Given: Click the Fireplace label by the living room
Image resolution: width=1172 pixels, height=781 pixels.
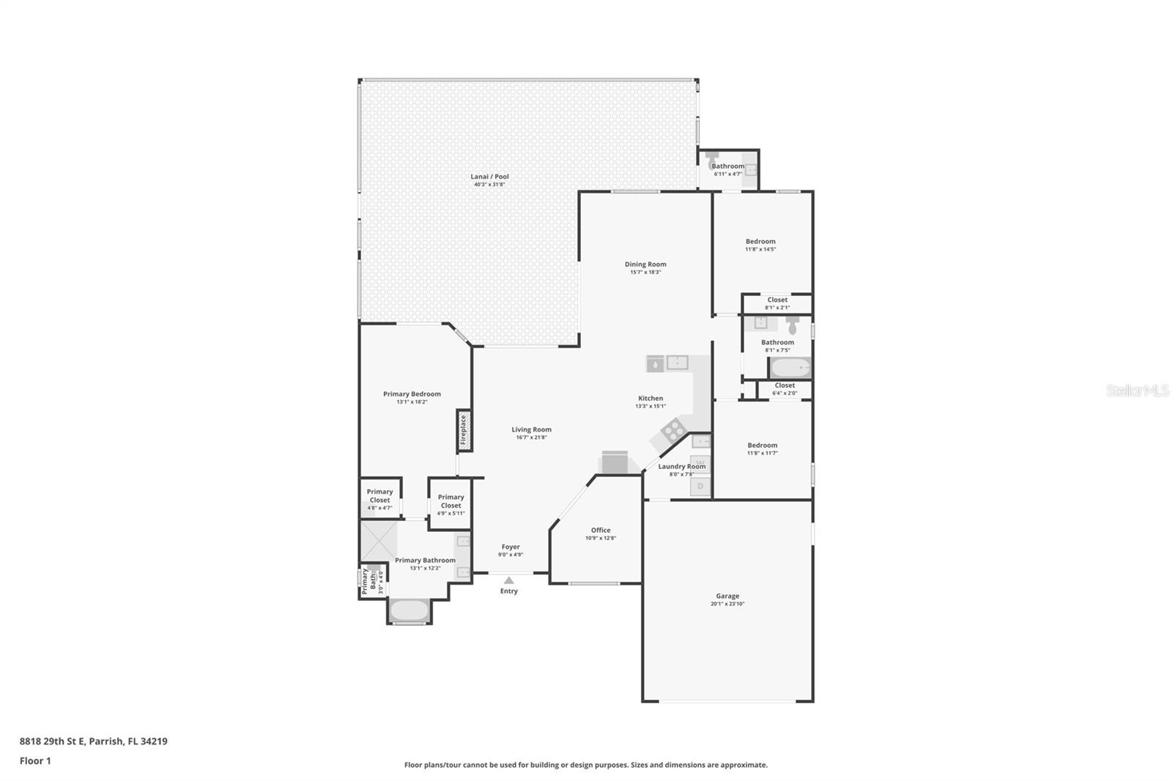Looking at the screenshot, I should [x=463, y=430].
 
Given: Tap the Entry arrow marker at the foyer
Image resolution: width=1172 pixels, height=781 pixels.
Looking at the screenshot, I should [x=509, y=580].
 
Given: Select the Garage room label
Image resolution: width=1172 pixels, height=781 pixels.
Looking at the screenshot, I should [x=727, y=596].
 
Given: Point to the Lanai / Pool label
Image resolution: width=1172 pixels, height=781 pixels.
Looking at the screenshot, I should [x=489, y=177].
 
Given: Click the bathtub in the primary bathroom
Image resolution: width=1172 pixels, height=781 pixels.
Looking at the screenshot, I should [x=408, y=610].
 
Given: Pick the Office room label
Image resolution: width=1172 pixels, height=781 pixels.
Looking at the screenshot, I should [x=601, y=530].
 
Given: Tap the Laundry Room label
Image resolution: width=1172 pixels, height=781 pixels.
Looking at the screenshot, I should [x=681, y=467].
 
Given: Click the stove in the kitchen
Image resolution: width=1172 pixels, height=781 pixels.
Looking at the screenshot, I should [x=672, y=431].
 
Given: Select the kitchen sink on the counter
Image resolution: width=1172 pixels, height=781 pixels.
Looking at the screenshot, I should [x=677, y=363].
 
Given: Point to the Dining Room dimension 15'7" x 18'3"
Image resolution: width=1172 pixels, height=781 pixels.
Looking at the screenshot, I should [x=645, y=273].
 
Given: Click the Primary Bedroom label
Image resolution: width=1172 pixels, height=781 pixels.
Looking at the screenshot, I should [x=412, y=394].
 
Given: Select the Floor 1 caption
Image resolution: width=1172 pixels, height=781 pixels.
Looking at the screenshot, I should [x=35, y=761].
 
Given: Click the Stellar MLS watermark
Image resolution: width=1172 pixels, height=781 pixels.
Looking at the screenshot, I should [x=1137, y=391].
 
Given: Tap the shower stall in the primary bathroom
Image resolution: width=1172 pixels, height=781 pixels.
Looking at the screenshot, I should [x=378, y=541].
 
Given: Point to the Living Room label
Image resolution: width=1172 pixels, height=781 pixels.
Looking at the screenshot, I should [x=531, y=430].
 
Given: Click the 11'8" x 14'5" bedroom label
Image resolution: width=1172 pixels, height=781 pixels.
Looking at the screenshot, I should [x=760, y=242].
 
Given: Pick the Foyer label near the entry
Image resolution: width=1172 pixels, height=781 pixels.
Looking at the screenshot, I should [x=511, y=547].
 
